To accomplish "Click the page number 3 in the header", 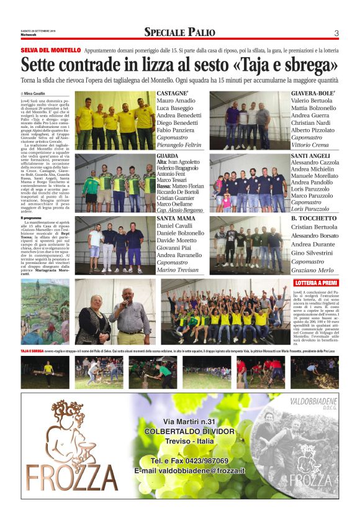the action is point(336,33).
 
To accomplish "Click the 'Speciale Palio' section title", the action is point(179,32).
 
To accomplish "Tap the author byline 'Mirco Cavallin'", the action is point(38,93).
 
